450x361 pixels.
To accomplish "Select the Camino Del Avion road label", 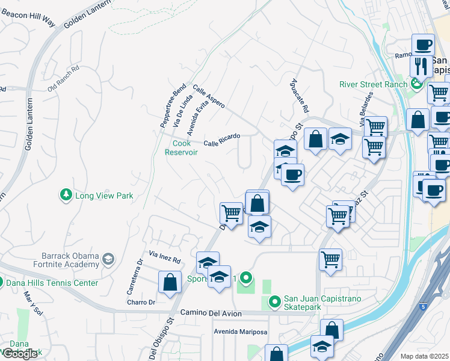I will click(211, 313).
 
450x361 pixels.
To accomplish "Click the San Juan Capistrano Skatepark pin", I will click(274, 301).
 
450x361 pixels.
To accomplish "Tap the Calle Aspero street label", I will click(209, 97).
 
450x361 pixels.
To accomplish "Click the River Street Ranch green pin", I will click(416, 84).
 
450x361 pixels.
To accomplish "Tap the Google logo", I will click(20, 354).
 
